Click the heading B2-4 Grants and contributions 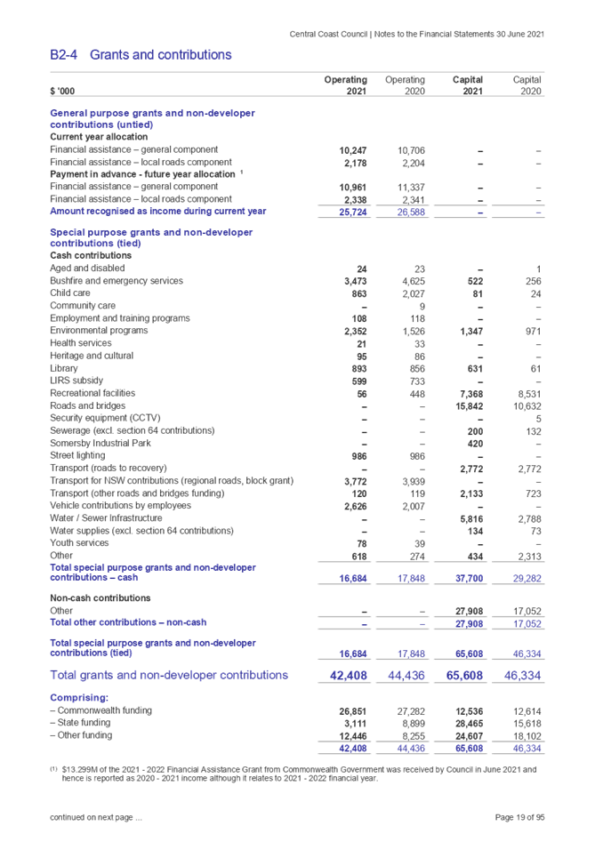click(x=141, y=55)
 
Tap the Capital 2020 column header click(x=526, y=85)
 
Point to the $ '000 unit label click(x=62, y=92)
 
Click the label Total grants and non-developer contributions click(x=169, y=676)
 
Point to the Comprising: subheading click(x=79, y=698)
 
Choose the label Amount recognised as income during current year click(x=157, y=212)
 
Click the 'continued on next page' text click(x=94, y=816)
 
